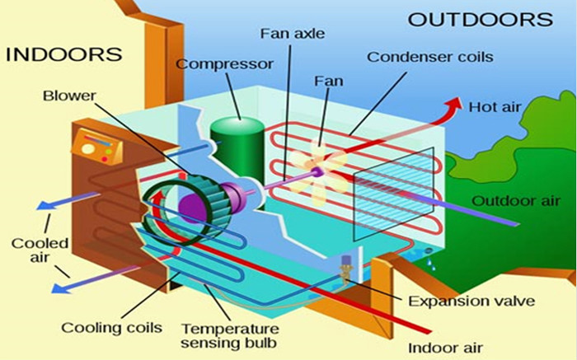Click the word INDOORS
[63, 54]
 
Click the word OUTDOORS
[481, 20]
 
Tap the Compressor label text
[224, 64]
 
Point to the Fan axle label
[293, 34]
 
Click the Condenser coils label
[430, 57]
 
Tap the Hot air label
[495, 107]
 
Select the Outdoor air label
[516, 201]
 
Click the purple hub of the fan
[316, 171]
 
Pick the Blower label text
[69, 96]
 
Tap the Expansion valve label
[471, 302]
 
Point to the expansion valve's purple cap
[346, 259]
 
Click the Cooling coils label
[111, 327]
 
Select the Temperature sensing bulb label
[230, 336]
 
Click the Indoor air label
[445, 348]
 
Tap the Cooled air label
[40, 250]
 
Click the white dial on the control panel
[87, 149]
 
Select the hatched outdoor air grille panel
[393, 193]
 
